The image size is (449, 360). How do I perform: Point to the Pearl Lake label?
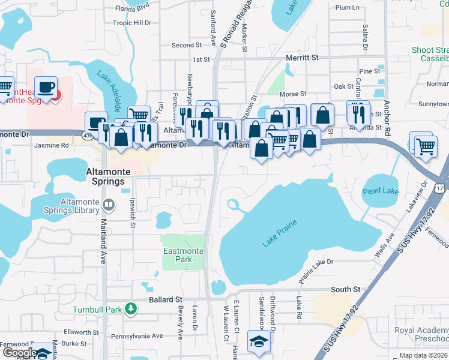381,191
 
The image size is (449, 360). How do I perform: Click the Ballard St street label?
166,299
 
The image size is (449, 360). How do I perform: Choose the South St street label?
345,289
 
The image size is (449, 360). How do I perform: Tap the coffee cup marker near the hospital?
46,88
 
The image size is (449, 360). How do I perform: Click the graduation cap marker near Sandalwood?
259,341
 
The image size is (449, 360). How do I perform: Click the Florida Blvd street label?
131,8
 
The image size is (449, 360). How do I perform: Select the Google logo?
20,353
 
